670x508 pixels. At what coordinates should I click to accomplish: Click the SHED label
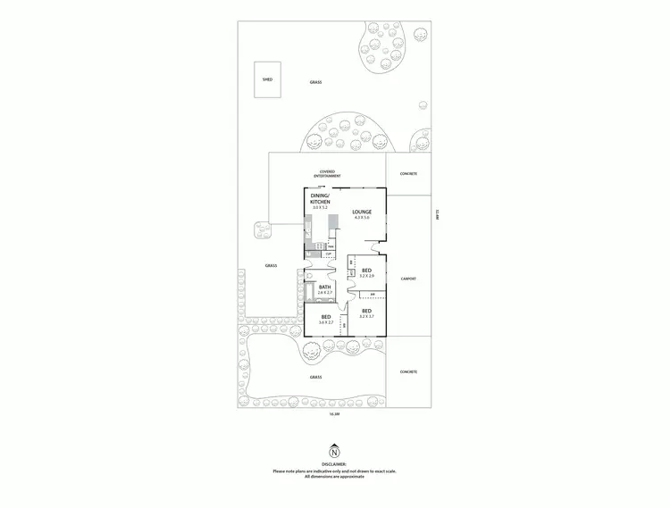tap(267, 79)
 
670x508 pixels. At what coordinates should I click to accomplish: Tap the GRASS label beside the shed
tap(315, 82)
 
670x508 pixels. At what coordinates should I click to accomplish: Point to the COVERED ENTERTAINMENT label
tap(333, 174)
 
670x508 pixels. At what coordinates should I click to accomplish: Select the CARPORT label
tap(409, 279)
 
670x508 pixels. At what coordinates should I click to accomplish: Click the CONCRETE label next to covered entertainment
tap(409, 174)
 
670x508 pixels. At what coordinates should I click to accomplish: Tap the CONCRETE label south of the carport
tap(409, 371)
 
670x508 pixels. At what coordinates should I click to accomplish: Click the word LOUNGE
tap(362, 212)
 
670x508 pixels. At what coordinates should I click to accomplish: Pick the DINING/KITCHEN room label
tap(320, 198)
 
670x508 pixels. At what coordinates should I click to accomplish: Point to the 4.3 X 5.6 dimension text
tap(362, 218)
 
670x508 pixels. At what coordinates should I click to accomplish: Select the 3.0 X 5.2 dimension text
tap(320, 208)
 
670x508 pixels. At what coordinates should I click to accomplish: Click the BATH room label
tap(324, 287)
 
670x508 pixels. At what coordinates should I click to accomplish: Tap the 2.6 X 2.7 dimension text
tap(324, 293)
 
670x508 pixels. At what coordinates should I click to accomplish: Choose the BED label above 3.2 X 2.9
tap(366, 270)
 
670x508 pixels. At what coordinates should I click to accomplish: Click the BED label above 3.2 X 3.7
tap(366, 310)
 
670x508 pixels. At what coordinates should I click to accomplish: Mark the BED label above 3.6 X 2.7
tap(326, 316)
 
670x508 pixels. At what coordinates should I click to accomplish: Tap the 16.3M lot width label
tap(334, 415)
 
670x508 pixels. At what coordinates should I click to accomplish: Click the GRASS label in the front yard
tap(315, 378)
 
